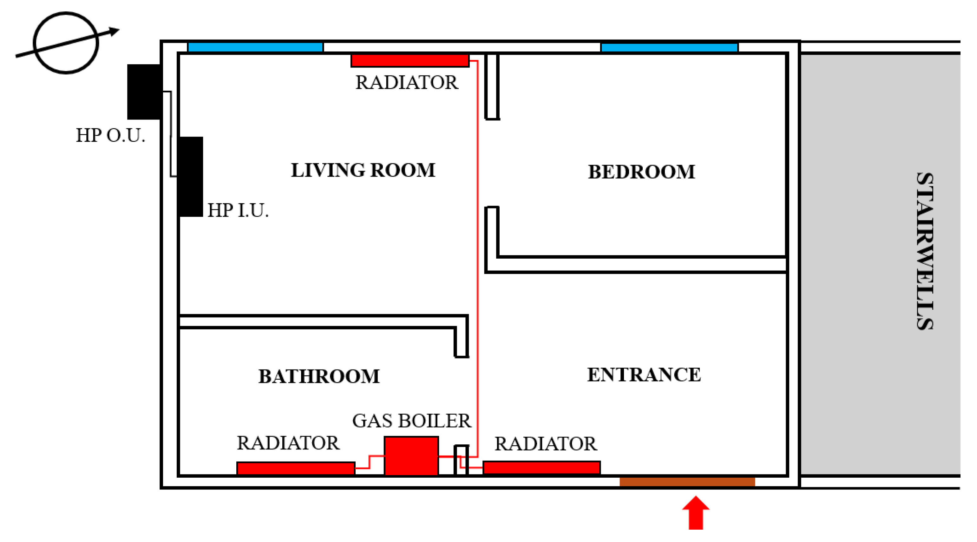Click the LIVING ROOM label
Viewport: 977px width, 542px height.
tap(363, 170)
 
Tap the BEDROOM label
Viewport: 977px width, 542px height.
tap(641, 172)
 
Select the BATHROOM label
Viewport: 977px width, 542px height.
tap(319, 376)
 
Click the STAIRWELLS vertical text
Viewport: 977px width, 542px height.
tap(925, 251)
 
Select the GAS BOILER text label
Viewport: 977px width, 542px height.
tap(411, 421)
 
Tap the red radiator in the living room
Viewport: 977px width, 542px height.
tap(410, 61)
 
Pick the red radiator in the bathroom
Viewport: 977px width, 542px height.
tap(296, 468)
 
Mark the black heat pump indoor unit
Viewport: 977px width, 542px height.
tap(190, 177)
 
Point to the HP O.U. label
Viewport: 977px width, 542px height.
tap(110, 135)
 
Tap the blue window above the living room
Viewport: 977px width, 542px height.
tap(255, 47)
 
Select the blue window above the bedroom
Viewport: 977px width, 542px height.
tap(669, 47)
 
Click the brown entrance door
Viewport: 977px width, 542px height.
tap(687, 481)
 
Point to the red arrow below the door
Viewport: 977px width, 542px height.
tap(696, 513)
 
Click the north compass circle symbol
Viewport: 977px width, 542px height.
tap(66, 43)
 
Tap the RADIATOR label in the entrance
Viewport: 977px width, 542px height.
tap(546, 444)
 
